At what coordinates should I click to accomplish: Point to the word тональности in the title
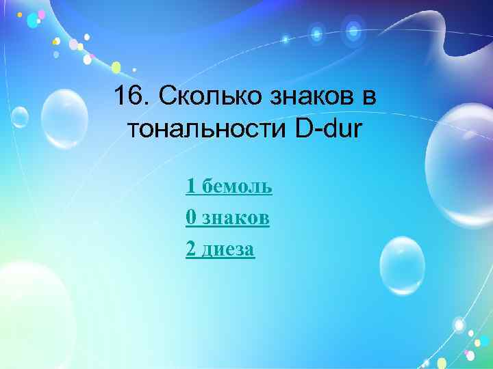[208, 128]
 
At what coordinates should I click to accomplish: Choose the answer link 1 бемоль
[229, 185]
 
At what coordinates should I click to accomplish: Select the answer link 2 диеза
[220, 249]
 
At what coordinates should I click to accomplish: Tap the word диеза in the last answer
[227, 249]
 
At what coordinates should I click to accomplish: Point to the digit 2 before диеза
[190, 249]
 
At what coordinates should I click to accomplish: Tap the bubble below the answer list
[403, 265]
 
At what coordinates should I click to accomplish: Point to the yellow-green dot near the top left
[116, 67]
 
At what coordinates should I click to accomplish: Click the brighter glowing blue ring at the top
[353, 30]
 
